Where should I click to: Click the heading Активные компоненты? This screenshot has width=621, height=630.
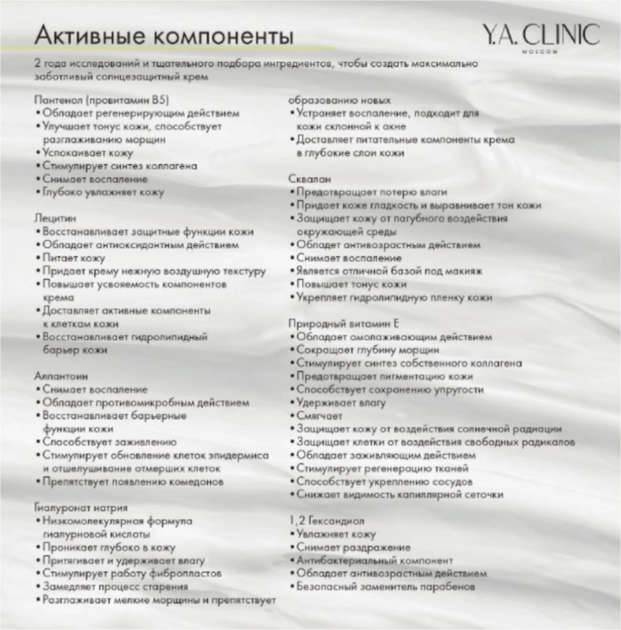(164, 35)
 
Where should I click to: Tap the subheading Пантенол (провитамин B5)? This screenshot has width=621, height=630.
(101, 100)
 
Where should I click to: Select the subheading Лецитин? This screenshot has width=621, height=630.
(54, 218)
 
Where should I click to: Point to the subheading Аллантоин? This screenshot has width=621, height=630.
(61, 376)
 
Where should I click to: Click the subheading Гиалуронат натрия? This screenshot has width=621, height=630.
(80, 508)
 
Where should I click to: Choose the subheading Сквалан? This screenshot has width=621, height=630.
(310, 179)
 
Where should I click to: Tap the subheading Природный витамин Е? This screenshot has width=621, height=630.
(343, 324)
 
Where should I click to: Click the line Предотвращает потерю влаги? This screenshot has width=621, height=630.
(371, 192)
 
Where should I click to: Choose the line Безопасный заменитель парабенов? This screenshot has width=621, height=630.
(385, 587)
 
